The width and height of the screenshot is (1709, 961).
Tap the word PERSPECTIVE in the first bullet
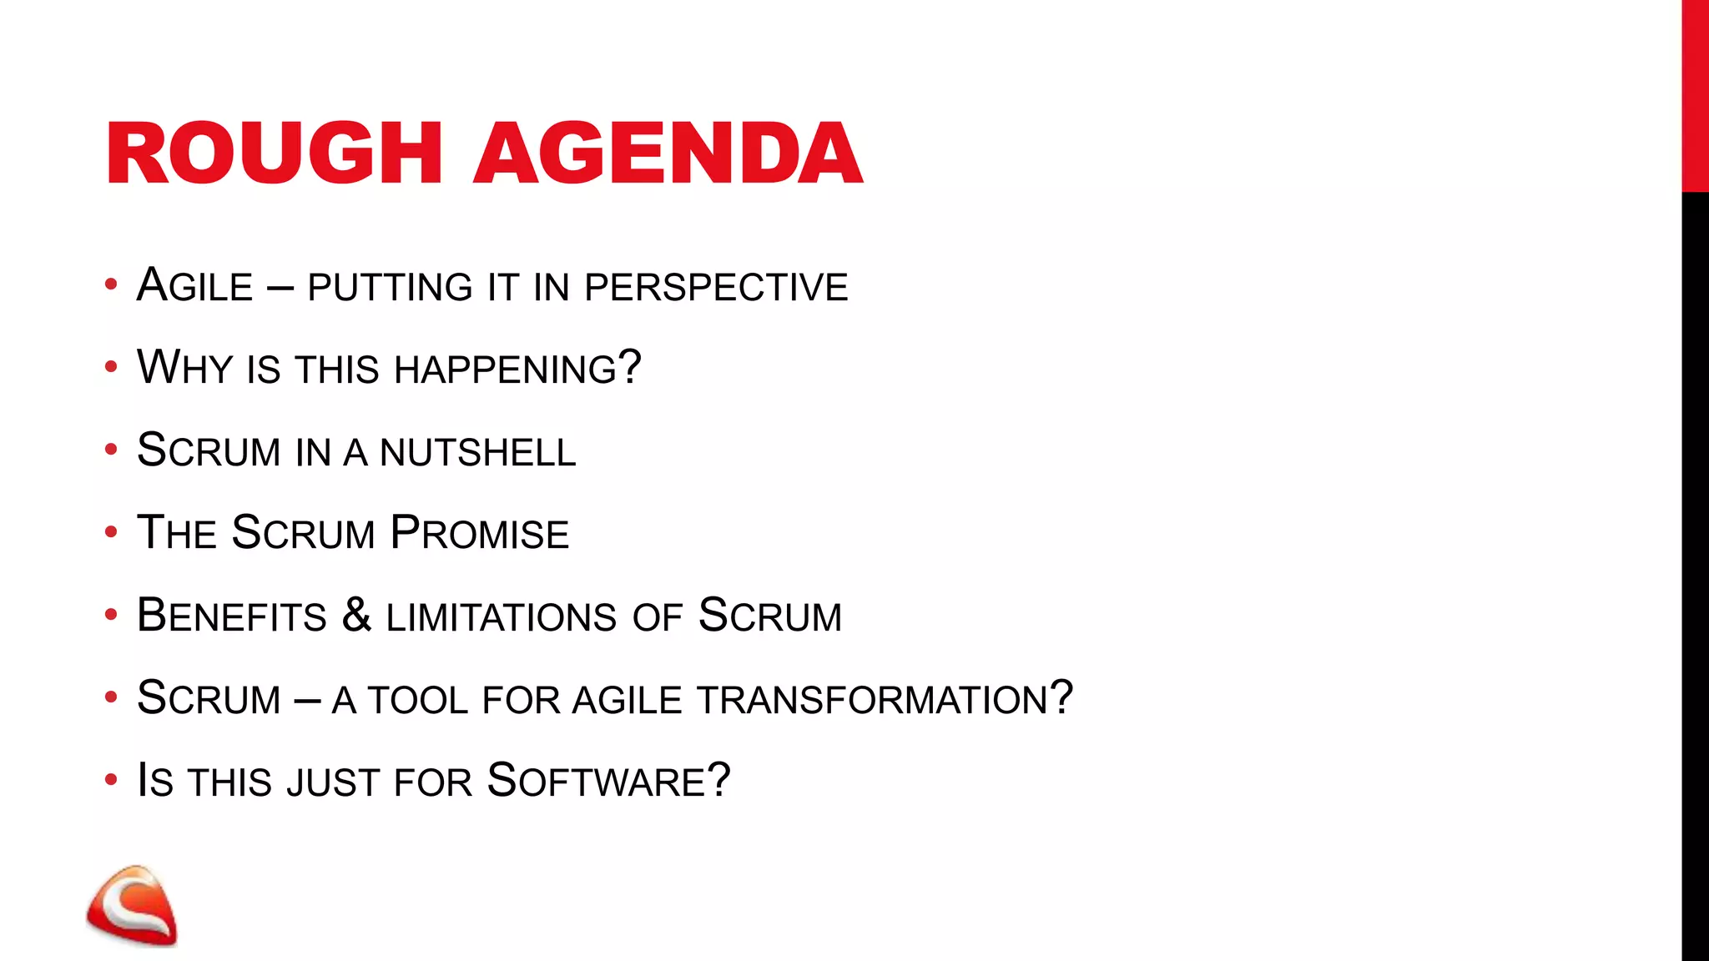pyautogui.click(x=716, y=287)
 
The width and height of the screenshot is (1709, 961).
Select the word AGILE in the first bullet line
pyautogui.click(x=194, y=285)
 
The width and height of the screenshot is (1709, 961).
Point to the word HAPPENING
pyautogui.click(x=505, y=369)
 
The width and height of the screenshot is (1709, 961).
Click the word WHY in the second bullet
pyautogui.click(x=184, y=367)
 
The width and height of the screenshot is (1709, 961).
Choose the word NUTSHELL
pyautogui.click(x=477, y=452)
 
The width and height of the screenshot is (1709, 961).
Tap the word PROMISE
pyautogui.click(x=479, y=533)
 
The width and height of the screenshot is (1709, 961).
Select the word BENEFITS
pyautogui.click(x=231, y=616)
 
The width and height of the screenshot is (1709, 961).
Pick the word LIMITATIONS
pyautogui.click(x=501, y=617)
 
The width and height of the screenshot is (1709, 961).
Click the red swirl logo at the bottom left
pyautogui.click(x=132, y=906)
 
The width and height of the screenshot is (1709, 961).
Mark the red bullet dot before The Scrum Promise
pyautogui.click(x=111, y=532)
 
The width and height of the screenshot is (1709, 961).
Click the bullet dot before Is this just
pyautogui.click(x=111, y=780)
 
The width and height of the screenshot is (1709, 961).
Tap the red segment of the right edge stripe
pyautogui.click(x=1694, y=96)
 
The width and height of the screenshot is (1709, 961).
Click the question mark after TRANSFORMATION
pyautogui.click(x=1061, y=697)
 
